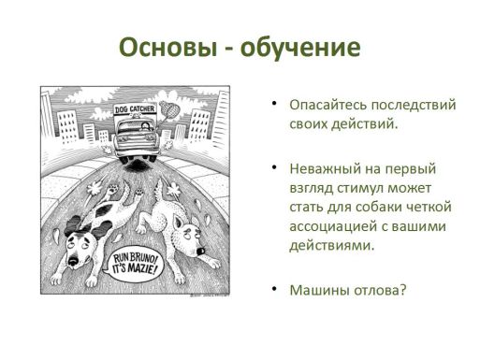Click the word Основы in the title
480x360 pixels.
[x=168, y=48]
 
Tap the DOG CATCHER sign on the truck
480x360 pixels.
[x=135, y=109]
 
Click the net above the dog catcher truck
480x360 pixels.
[x=169, y=108]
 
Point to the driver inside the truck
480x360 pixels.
[x=145, y=126]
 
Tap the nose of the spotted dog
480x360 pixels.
[x=74, y=261]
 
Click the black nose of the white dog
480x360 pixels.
[x=201, y=251]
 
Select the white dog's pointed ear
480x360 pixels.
[x=179, y=223]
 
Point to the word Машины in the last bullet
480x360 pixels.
[x=320, y=291]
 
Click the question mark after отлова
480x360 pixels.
[x=403, y=291]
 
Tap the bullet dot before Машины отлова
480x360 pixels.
[x=274, y=289]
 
